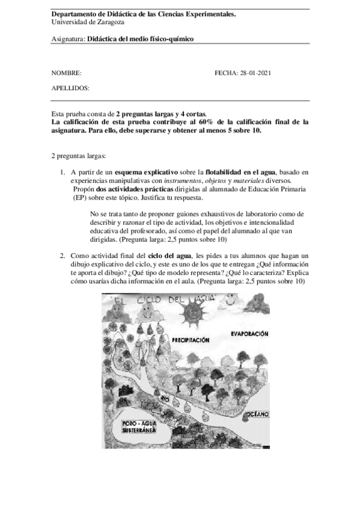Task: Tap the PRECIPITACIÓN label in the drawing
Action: [191, 340]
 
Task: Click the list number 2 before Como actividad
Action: [62, 256]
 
